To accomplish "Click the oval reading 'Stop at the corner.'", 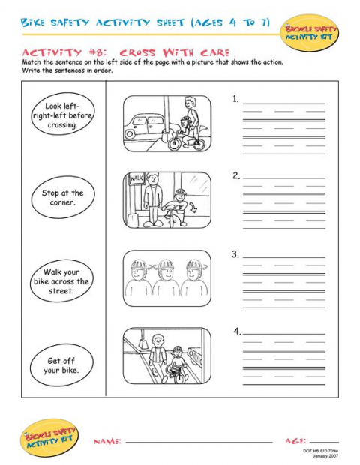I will [x=62, y=198].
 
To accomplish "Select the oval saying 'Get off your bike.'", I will [x=61, y=365].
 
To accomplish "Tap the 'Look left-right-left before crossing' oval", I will [x=61, y=115].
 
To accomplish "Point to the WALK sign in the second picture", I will [x=136, y=178].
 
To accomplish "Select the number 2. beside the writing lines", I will [x=236, y=175].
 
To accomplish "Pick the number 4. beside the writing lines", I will [x=237, y=331].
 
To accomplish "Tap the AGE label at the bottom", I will [x=295, y=442].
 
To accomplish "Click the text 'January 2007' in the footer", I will [x=322, y=455].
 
